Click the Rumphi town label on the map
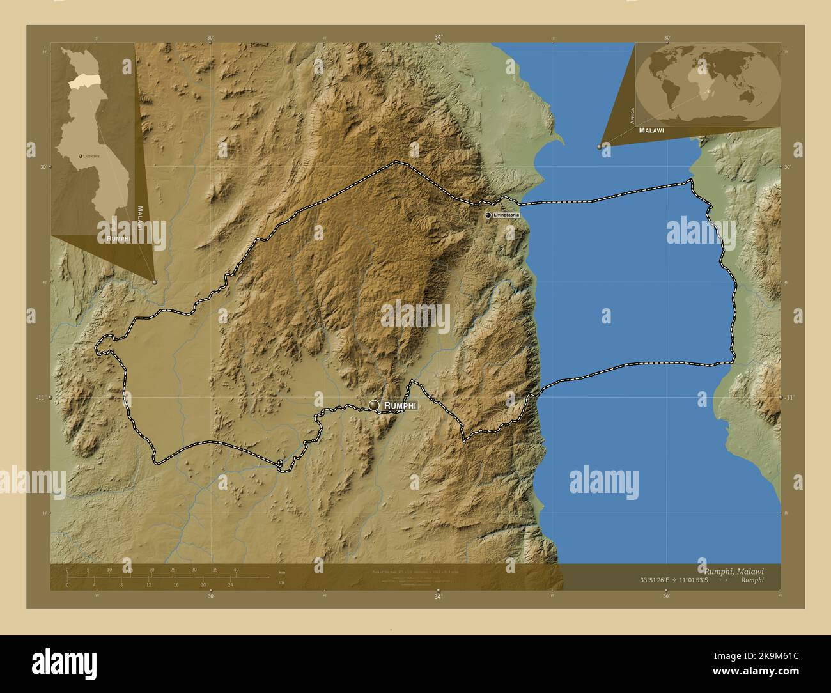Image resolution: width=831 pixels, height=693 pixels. pos(400,405)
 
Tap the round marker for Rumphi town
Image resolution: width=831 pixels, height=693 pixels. pos(374,405)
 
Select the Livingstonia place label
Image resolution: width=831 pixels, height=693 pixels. pos(506,216)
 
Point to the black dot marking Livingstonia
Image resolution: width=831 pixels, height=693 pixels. pos(488,216)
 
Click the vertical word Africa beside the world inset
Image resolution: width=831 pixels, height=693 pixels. pos(632,115)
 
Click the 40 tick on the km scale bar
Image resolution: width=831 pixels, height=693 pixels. pos(236,570)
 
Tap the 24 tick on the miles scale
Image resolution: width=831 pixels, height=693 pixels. pos(231,584)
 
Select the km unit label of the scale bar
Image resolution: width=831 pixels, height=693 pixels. pos(281,571)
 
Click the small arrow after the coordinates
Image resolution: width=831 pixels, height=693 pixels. pos(723,580)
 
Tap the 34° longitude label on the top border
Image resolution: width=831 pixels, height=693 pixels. pos(438,38)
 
